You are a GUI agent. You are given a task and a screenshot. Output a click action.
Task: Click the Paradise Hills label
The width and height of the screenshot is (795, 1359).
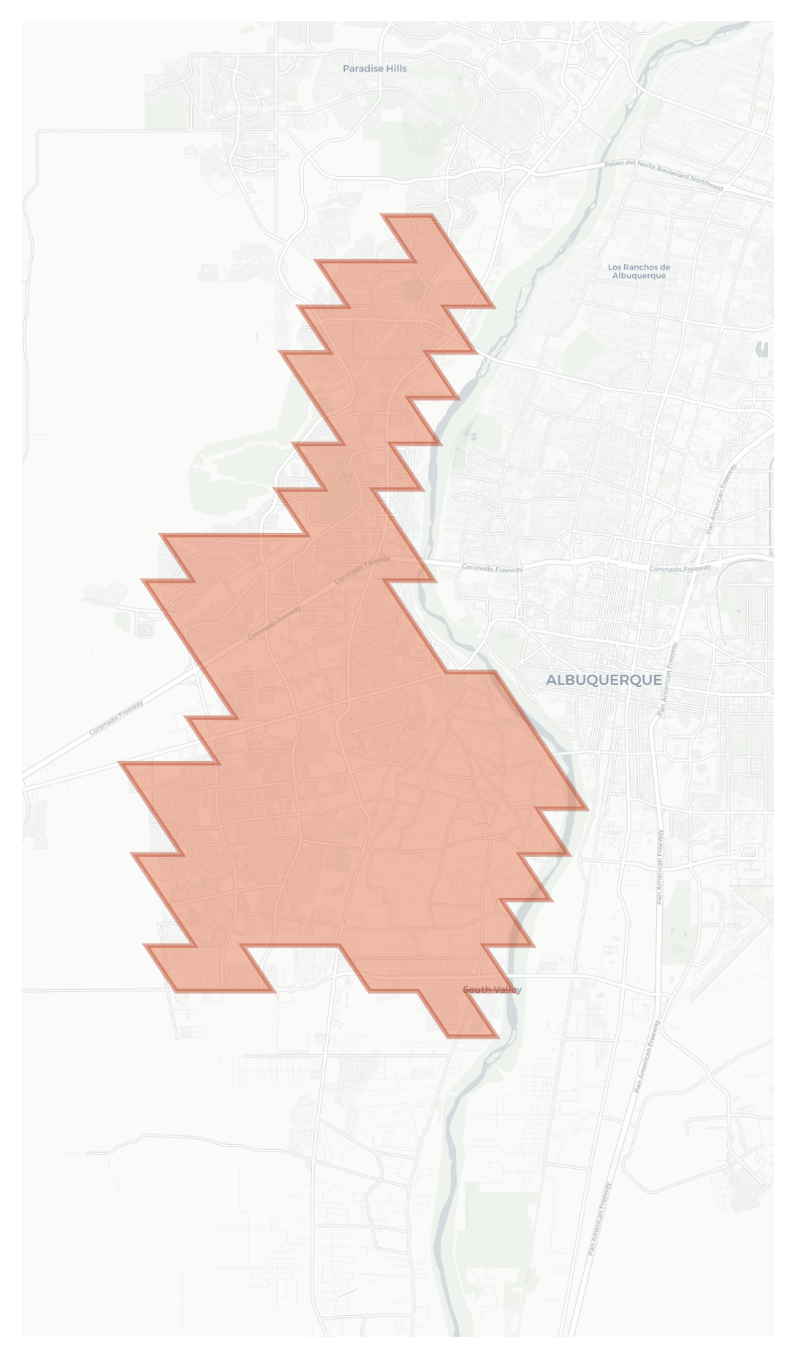pos(375,69)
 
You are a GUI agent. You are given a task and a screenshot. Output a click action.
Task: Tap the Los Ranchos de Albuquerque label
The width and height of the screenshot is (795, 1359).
pos(639,271)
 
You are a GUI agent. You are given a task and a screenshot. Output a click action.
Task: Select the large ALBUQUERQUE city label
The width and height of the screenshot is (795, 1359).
pos(604,680)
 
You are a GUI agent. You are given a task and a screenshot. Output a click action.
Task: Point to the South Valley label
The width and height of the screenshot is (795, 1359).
pos(492,990)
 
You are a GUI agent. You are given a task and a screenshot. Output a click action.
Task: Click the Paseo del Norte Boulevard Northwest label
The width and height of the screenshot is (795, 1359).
pos(663,175)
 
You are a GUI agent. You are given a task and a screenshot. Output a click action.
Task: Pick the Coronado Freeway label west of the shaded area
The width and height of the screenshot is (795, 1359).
pos(116,717)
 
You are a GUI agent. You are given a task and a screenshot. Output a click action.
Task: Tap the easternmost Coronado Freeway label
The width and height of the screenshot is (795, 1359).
pos(680,568)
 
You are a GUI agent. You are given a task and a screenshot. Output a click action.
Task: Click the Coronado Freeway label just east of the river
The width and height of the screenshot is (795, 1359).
pos(492,568)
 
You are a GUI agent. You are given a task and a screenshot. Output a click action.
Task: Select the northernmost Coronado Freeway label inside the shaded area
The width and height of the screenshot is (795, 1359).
pos(362,570)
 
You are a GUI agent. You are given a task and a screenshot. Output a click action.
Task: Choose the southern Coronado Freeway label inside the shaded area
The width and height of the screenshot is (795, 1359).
pos(274,623)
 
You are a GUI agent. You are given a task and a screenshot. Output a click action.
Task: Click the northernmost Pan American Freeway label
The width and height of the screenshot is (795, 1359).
pos(721,499)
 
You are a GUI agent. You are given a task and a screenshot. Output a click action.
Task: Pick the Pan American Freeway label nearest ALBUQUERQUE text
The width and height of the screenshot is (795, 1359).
pos(668,678)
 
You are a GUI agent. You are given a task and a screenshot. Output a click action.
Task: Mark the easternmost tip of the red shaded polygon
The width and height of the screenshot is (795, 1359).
pos(588,809)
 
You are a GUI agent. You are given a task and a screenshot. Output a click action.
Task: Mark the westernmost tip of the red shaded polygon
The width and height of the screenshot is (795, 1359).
pos(120,763)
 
